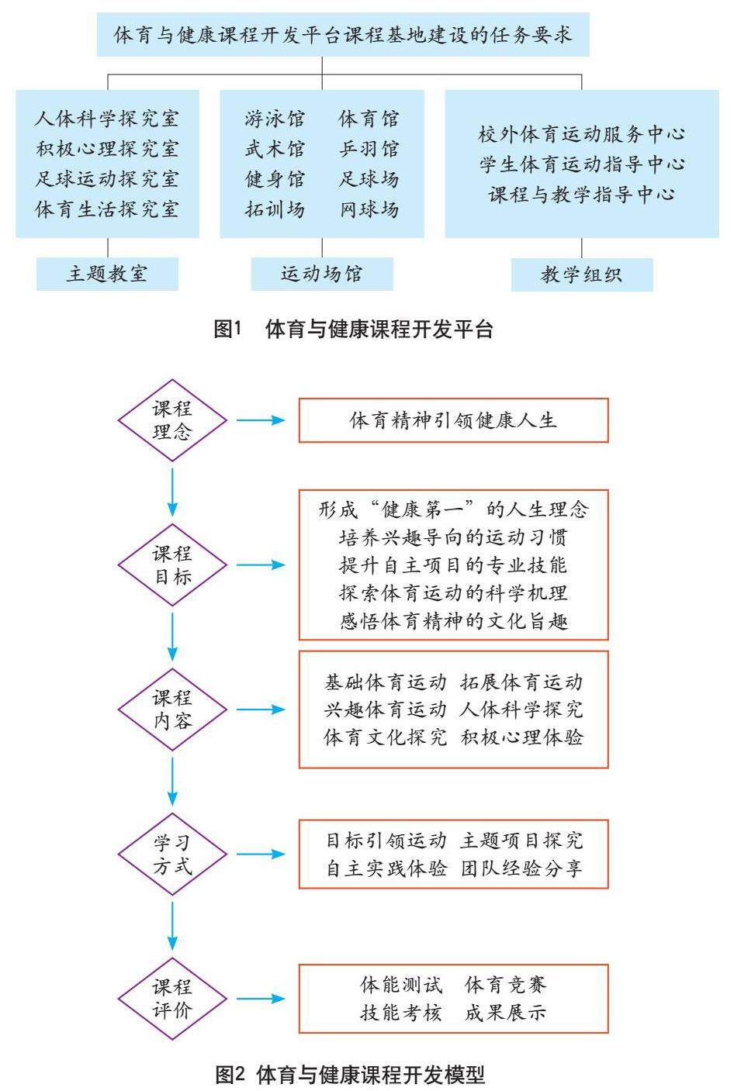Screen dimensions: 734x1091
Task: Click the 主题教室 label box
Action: (x=107, y=274)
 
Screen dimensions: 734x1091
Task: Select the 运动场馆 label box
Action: (x=322, y=274)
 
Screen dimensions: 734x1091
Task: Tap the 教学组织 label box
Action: (x=582, y=274)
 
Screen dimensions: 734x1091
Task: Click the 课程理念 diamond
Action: (x=172, y=420)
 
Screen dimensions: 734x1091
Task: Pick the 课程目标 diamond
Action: (x=172, y=565)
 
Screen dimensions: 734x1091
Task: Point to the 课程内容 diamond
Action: (x=172, y=709)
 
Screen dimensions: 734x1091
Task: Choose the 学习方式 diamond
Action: (x=172, y=855)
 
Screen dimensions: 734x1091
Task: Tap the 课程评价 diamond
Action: (x=172, y=999)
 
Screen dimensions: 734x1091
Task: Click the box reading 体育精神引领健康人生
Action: (x=454, y=420)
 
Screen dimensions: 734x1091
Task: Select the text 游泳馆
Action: (x=275, y=119)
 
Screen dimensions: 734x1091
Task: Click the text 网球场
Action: (x=369, y=209)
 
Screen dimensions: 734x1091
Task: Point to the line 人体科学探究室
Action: (x=107, y=119)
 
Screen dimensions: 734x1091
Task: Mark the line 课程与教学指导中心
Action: (x=582, y=195)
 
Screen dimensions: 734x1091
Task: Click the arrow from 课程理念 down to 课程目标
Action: (x=172, y=492)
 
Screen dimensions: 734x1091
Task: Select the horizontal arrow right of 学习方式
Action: (x=261, y=855)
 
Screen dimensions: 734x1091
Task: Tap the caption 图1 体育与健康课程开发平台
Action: (x=354, y=330)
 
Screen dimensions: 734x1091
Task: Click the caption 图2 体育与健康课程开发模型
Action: (x=351, y=1075)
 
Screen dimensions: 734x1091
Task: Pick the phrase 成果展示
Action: (x=505, y=1013)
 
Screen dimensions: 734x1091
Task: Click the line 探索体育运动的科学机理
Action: (x=454, y=593)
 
